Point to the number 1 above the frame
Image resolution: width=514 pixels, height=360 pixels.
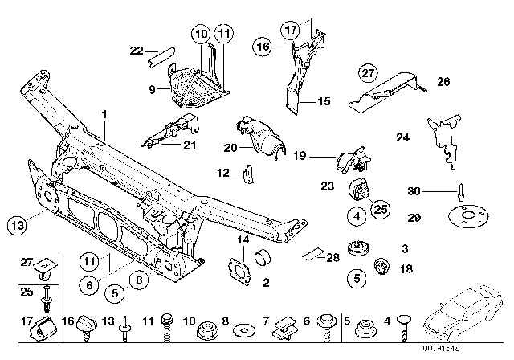(104, 115)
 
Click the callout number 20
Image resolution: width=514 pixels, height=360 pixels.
(228, 146)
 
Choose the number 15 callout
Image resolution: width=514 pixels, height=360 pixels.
(324, 102)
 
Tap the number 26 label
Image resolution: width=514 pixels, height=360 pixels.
(443, 82)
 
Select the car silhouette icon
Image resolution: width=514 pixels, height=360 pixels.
(465, 325)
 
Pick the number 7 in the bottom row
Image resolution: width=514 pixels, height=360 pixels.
(266, 321)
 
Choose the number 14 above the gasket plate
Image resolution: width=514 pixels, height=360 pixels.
(243, 240)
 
